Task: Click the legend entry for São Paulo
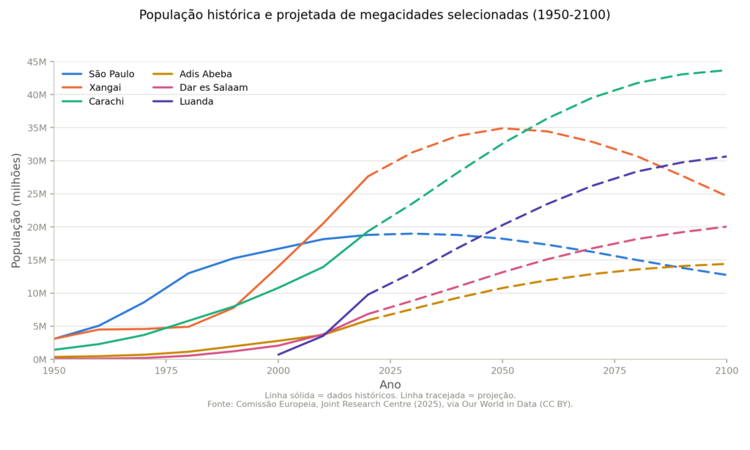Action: point(98,74)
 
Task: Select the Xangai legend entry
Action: point(92,88)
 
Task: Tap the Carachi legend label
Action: point(93,101)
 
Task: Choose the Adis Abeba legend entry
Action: point(193,74)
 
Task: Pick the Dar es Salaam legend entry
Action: point(201,88)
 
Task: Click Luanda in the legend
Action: point(183,101)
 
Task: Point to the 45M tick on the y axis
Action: point(37,62)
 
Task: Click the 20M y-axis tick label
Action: point(37,227)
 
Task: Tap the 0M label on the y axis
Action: point(40,360)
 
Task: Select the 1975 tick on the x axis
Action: point(166,371)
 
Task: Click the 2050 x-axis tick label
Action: point(502,371)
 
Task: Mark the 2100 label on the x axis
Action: point(727,371)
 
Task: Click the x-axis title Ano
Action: point(390,385)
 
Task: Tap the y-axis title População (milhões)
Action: point(16,210)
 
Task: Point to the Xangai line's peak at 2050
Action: point(502,128)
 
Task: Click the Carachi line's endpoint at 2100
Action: point(726,70)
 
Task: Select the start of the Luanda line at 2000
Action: point(278,355)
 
